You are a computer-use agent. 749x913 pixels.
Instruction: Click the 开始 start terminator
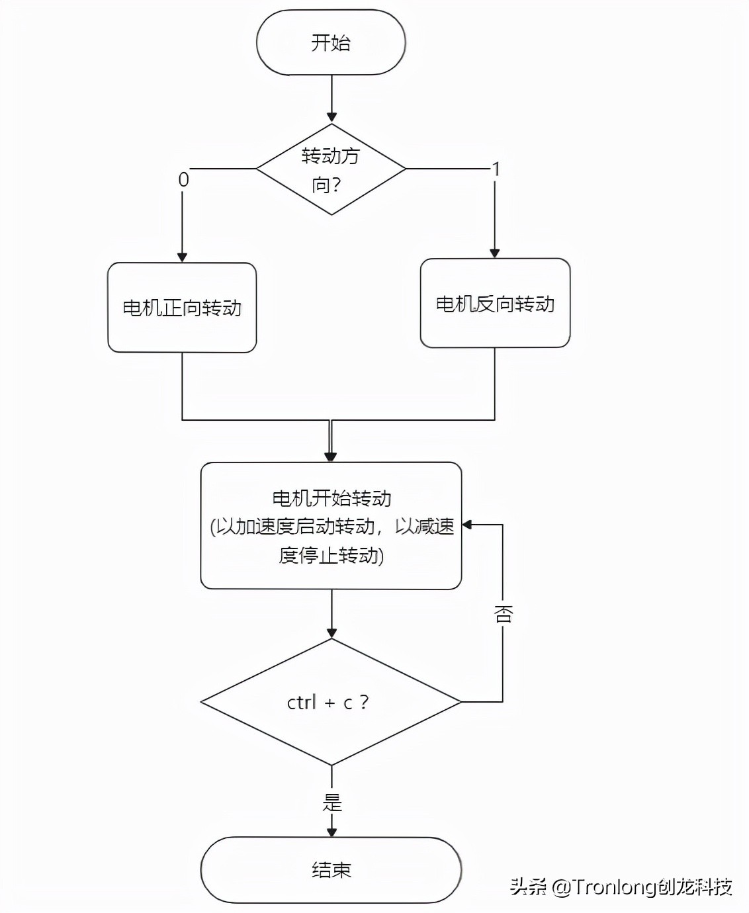(331, 42)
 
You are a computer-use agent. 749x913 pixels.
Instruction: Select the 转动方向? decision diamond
(331, 169)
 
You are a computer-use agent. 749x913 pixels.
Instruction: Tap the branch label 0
(183, 179)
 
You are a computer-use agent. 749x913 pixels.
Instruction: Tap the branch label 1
(496, 170)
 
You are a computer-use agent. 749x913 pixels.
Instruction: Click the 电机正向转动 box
(182, 308)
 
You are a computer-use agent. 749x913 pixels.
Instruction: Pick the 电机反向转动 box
(495, 304)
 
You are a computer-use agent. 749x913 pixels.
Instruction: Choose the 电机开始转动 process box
(331, 525)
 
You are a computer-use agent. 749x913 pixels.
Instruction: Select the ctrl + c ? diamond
(331, 702)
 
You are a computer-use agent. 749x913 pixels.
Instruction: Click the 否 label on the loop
(503, 613)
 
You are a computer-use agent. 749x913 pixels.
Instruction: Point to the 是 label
(331, 803)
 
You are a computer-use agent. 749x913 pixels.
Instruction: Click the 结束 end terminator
(331, 869)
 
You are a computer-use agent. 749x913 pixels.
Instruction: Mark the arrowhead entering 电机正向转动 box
(182, 257)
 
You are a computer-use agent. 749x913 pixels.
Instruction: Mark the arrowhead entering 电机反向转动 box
(494, 253)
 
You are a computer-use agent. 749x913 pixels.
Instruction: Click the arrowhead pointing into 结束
(331, 832)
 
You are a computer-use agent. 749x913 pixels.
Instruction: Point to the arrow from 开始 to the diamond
(331, 99)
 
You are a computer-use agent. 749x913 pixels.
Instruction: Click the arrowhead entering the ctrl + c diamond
(331, 633)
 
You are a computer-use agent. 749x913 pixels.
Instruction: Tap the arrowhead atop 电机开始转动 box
(331, 456)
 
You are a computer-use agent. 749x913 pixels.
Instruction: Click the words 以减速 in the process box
(425, 526)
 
